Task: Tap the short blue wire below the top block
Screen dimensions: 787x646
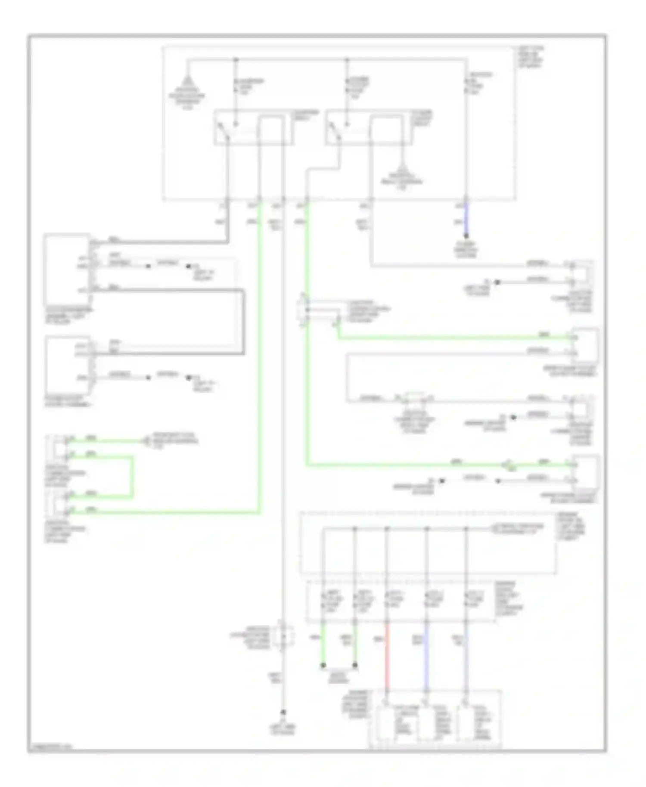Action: pyautogui.click(x=466, y=220)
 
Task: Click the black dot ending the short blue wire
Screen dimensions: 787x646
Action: pyautogui.click(x=466, y=236)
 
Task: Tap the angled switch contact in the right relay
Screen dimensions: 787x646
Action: pyautogui.click(x=334, y=130)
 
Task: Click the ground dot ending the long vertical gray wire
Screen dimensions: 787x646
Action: pyautogui.click(x=283, y=712)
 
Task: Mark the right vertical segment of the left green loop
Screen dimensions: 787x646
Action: pyautogui.click(x=132, y=477)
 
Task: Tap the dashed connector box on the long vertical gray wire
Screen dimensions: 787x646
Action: pyautogui.click(x=283, y=636)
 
